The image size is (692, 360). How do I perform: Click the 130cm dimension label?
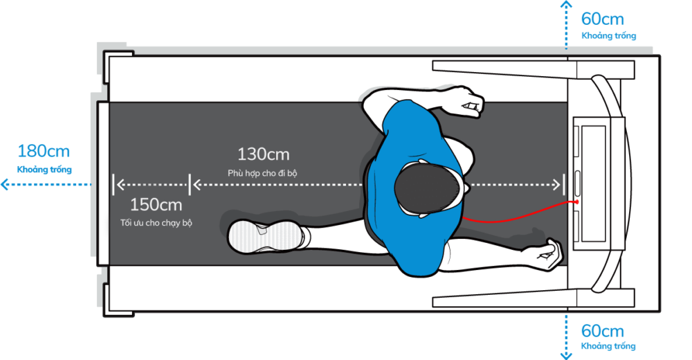pyautogui.click(x=263, y=154)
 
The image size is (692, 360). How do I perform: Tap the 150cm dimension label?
pyautogui.click(x=156, y=205)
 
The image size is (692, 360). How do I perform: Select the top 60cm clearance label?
pyautogui.click(x=602, y=19)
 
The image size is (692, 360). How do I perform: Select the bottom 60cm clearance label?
pyautogui.click(x=602, y=330)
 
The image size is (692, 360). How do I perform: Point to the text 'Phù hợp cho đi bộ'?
pyautogui.click(x=262, y=172)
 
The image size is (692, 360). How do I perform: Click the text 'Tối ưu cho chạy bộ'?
pyautogui.click(x=156, y=223)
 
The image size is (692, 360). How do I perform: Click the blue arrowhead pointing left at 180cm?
pyautogui.click(x=5, y=184)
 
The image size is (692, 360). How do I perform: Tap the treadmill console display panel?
pyautogui.click(x=593, y=183)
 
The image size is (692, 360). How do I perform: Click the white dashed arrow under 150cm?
pyautogui.click(x=152, y=185)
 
